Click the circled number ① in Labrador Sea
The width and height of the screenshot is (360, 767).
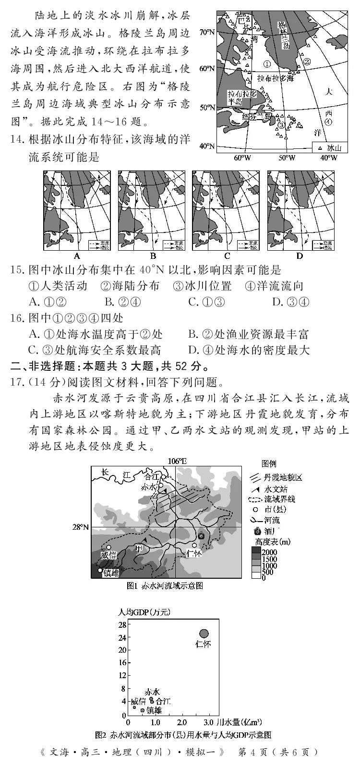coord(267,63)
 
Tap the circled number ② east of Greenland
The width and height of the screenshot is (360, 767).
coord(308,61)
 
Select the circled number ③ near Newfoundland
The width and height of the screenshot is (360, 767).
coord(281,124)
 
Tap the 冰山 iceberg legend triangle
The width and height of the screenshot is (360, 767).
coord(320,147)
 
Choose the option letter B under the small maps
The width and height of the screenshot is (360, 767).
coord(153,256)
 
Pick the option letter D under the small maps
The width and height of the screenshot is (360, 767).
coord(300,256)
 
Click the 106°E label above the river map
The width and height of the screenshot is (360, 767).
coord(177,461)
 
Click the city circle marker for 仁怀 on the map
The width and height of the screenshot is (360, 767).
coord(194,545)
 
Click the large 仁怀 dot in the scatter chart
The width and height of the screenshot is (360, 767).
coord(204,633)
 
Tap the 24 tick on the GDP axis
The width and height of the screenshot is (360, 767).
coord(123,637)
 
